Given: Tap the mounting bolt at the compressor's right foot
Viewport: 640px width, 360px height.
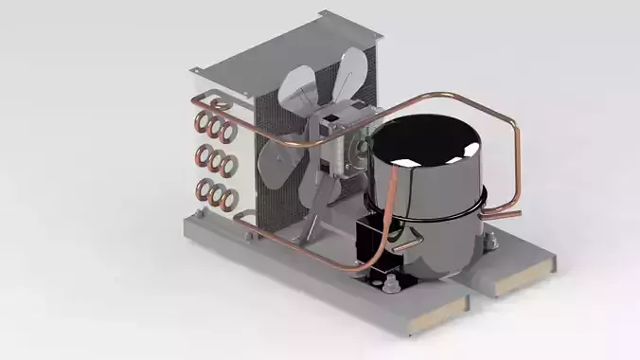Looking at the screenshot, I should tap(489, 243).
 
